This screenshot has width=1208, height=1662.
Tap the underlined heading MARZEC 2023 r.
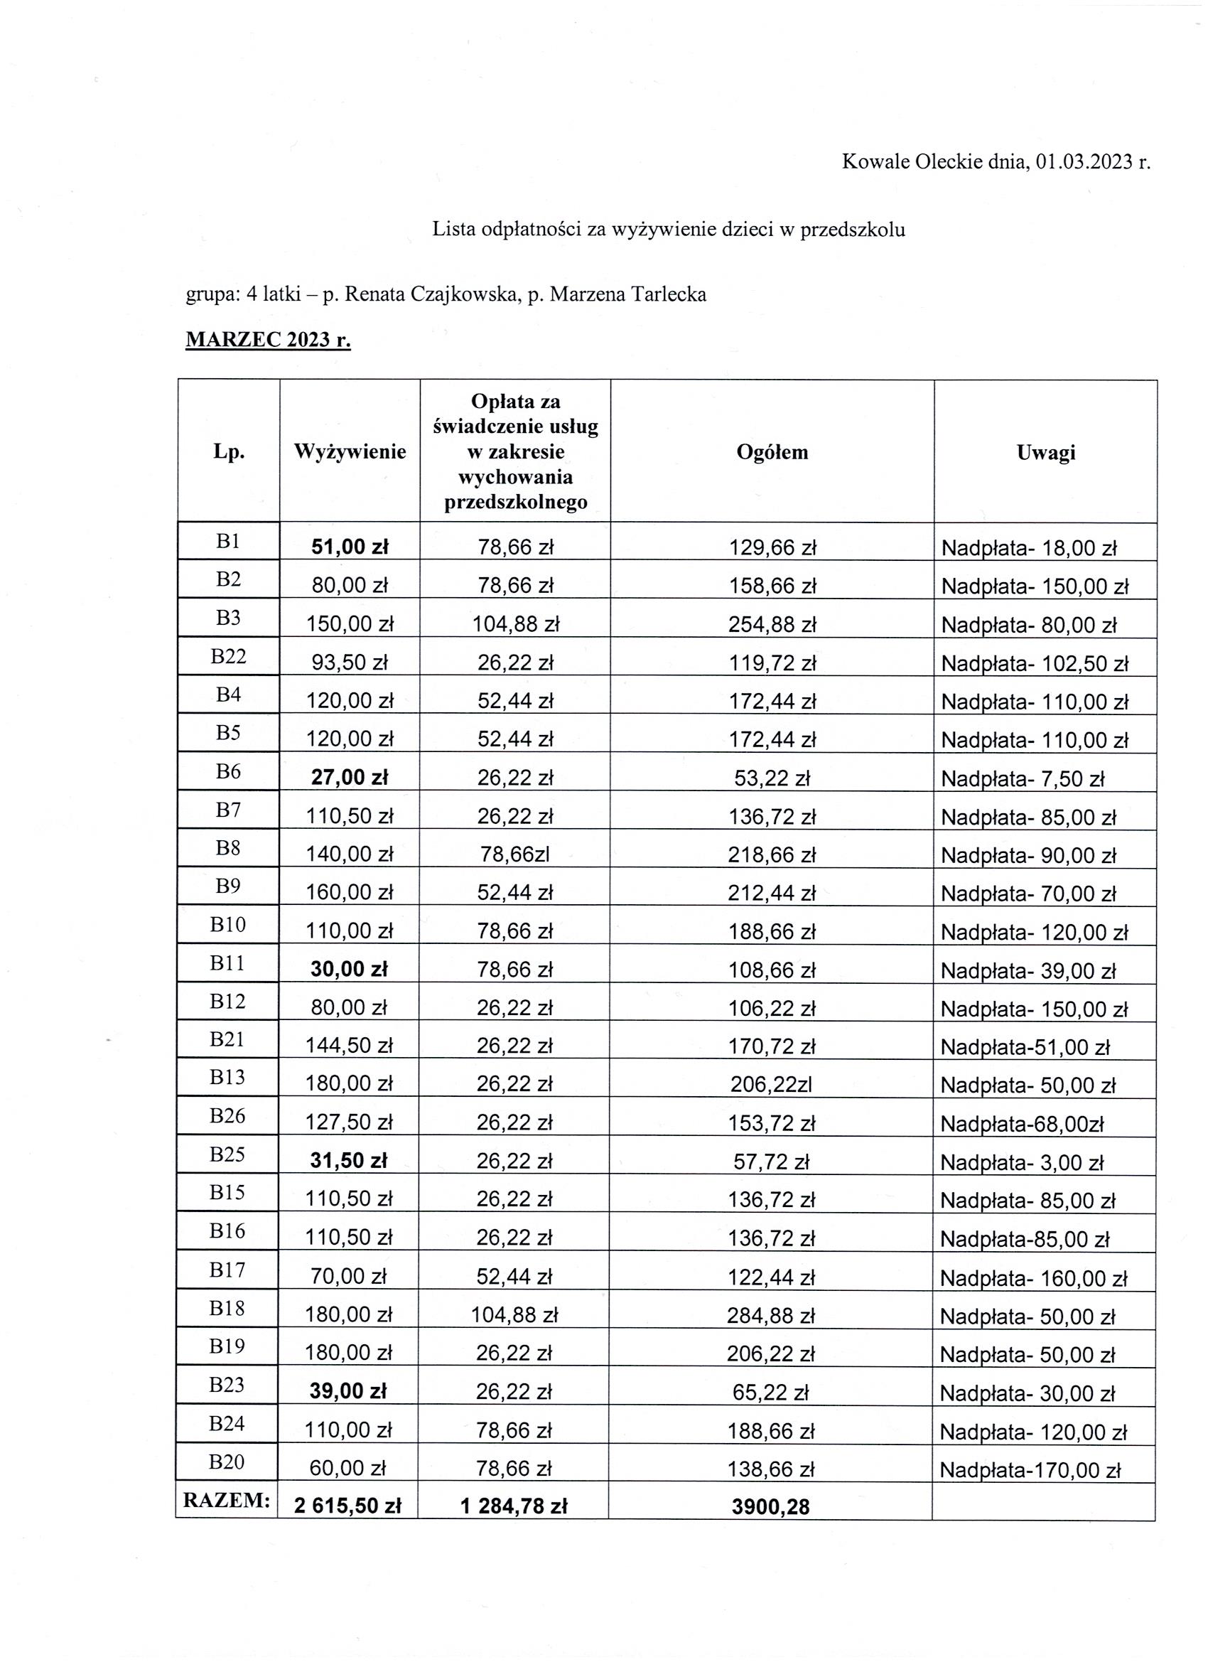pyautogui.click(x=268, y=340)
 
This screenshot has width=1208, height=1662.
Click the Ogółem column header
pyautogui.click(x=772, y=452)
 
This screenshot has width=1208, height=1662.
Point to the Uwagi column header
pyautogui.click(x=1045, y=452)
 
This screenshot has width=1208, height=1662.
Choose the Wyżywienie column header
pyautogui.click(x=350, y=452)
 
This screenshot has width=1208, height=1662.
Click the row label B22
pyautogui.click(x=229, y=656)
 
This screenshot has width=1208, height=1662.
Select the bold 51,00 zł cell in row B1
pyautogui.click(x=350, y=547)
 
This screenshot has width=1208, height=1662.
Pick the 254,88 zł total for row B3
pyautogui.click(x=772, y=624)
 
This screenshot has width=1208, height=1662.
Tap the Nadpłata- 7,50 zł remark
pyautogui.click(x=1022, y=778)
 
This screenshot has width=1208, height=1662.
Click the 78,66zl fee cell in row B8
pyautogui.click(x=515, y=854)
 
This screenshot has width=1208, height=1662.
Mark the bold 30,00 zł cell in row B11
pyautogui.click(x=349, y=969)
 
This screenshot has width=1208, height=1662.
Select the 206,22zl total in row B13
pyautogui.click(x=771, y=1085)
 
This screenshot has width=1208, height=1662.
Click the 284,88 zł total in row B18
pyautogui.click(x=771, y=1315)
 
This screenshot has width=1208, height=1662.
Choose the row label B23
pyautogui.click(x=227, y=1384)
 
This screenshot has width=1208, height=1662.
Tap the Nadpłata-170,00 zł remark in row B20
pyautogui.click(x=1030, y=1470)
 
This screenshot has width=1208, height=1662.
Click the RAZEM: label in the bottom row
pyautogui.click(x=227, y=1500)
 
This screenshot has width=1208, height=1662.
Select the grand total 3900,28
pyautogui.click(x=771, y=1506)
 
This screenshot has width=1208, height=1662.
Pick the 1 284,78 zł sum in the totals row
pyautogui.click(x=514, y=1506)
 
